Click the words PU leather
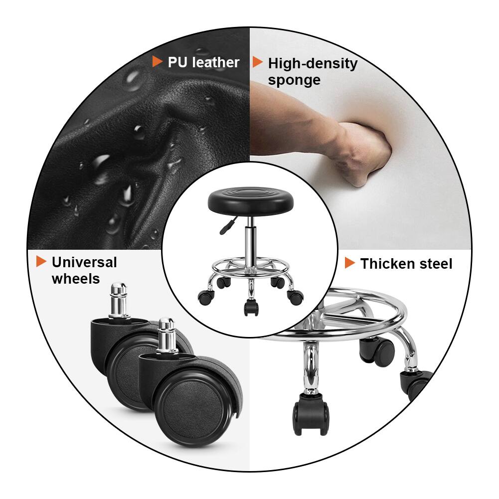203,62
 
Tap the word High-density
313,64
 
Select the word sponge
294,80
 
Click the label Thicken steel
406,264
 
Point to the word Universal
84,262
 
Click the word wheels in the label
76,279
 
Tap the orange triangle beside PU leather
157,62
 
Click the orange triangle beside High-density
257,62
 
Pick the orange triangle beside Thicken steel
350,263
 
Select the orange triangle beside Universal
41,261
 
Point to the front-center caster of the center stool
250,306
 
